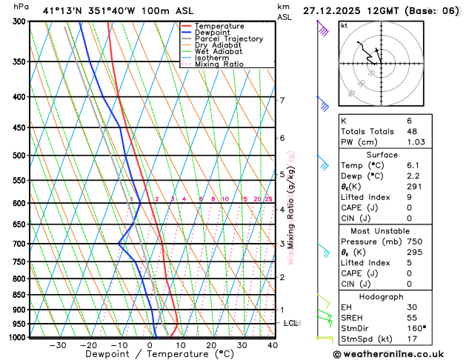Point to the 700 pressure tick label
(20, 244)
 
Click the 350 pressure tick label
(20, 61)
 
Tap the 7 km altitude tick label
(282, 100)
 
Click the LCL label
(290, 324)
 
